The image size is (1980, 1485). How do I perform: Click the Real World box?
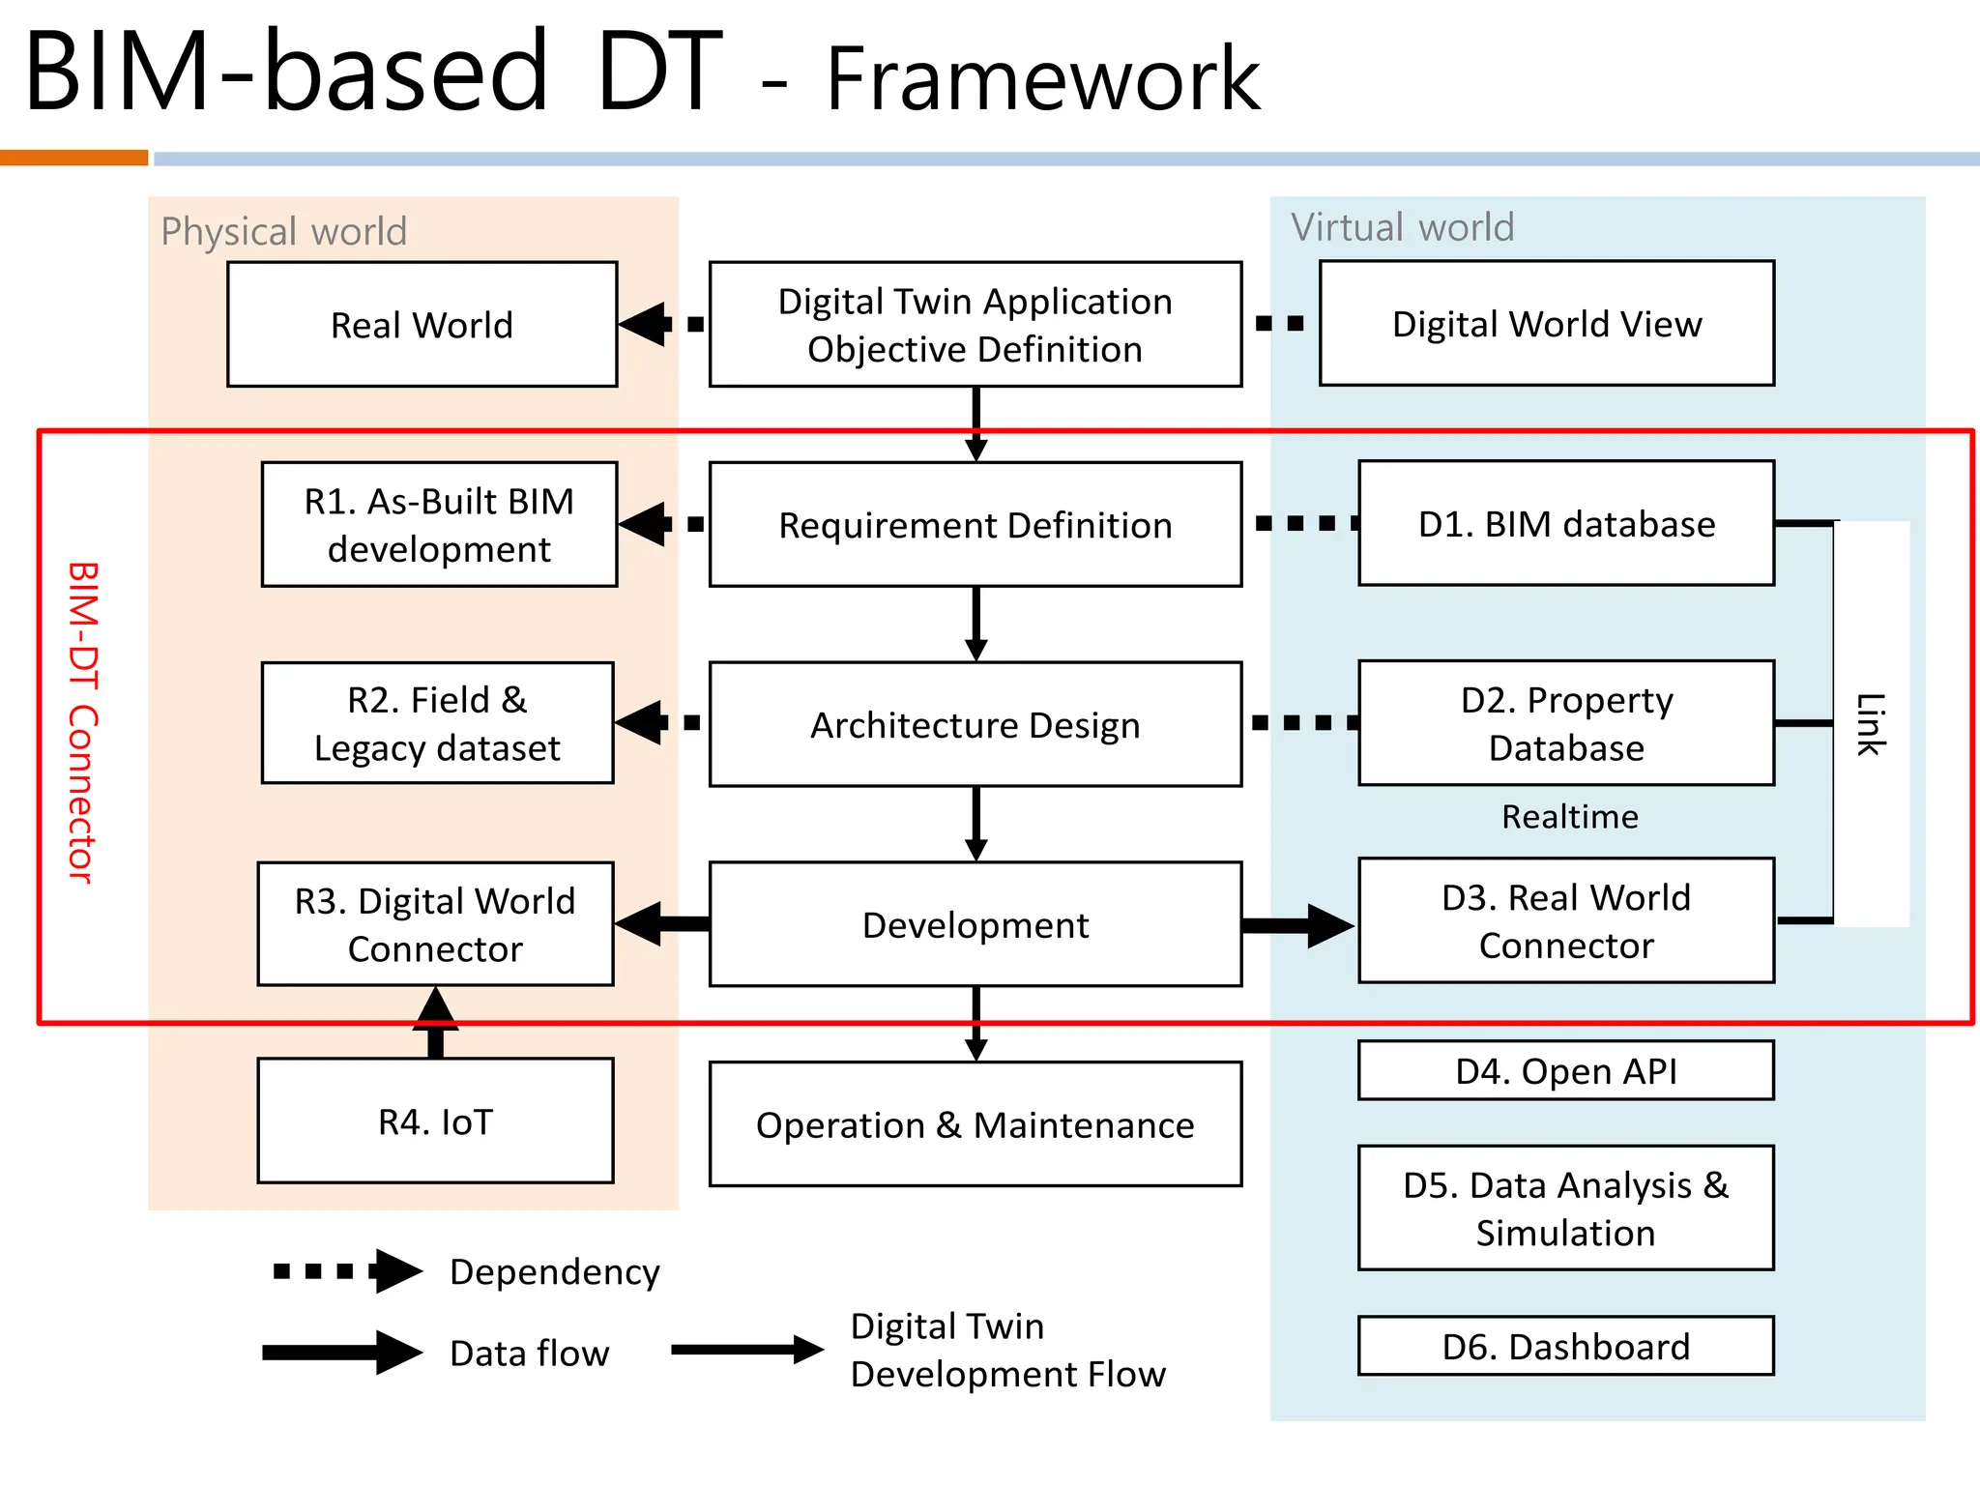(x=422, y=325)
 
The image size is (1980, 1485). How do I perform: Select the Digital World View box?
(x=1546, y=324)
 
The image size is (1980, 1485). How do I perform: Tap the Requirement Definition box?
(x=975, y=525)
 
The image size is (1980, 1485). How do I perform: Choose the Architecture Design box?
(x=975, y=724)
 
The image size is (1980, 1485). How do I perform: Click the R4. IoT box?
(x=435, y=1121)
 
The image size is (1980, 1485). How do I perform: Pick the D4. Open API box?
(x=1565, y=1071)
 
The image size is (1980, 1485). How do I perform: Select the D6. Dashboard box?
(x=1565, y=1346)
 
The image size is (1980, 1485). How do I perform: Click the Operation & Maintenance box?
(x=975, y=1124)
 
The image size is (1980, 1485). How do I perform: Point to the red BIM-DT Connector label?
(x=83, y=722)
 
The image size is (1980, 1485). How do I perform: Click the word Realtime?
(x=1569, y=817)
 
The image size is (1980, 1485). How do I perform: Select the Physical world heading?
(x=283, y=232)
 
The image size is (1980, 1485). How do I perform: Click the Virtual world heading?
(x=1402, y=227)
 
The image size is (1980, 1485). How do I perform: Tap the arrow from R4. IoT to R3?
(x=436, y=1023)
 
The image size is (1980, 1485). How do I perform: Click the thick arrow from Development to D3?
(x=1297, y=925)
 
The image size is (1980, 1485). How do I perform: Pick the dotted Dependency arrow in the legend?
(x=348, y=1271)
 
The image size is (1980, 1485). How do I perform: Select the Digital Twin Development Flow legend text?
(x=1007, y=1350)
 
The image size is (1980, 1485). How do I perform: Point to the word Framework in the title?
(x=1042, y=79)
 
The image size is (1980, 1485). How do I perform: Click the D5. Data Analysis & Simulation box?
(x=1565, y=1208)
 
